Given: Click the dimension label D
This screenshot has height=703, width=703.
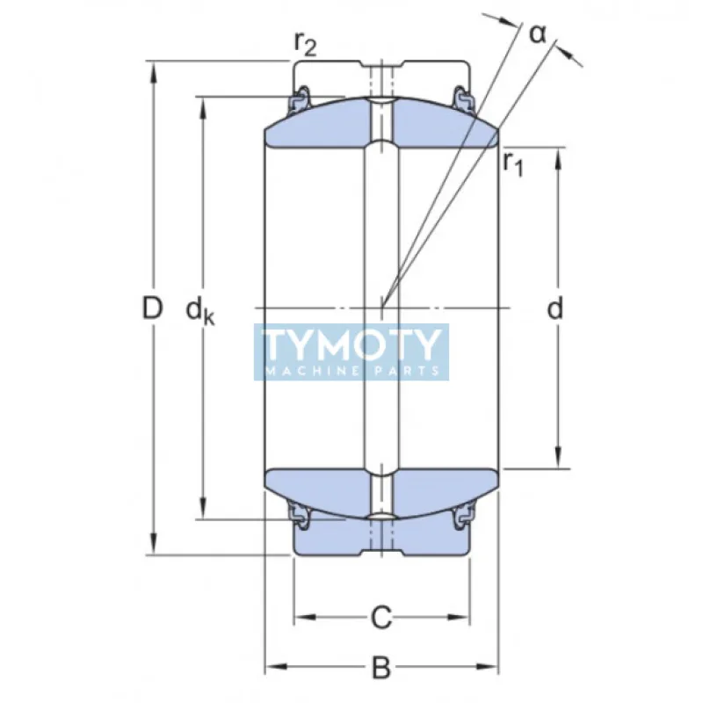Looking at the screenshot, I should pos(153,308).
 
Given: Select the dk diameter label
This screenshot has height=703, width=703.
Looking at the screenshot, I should pos(199,310).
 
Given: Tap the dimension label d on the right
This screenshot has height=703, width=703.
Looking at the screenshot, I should pos(554,308).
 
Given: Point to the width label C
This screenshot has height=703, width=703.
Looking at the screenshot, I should pos(380,618).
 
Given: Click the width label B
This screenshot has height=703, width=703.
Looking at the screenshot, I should pos(380,668).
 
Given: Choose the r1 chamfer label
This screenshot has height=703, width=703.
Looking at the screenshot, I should pos(513,163).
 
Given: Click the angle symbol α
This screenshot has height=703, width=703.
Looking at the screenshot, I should pos(537,33).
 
